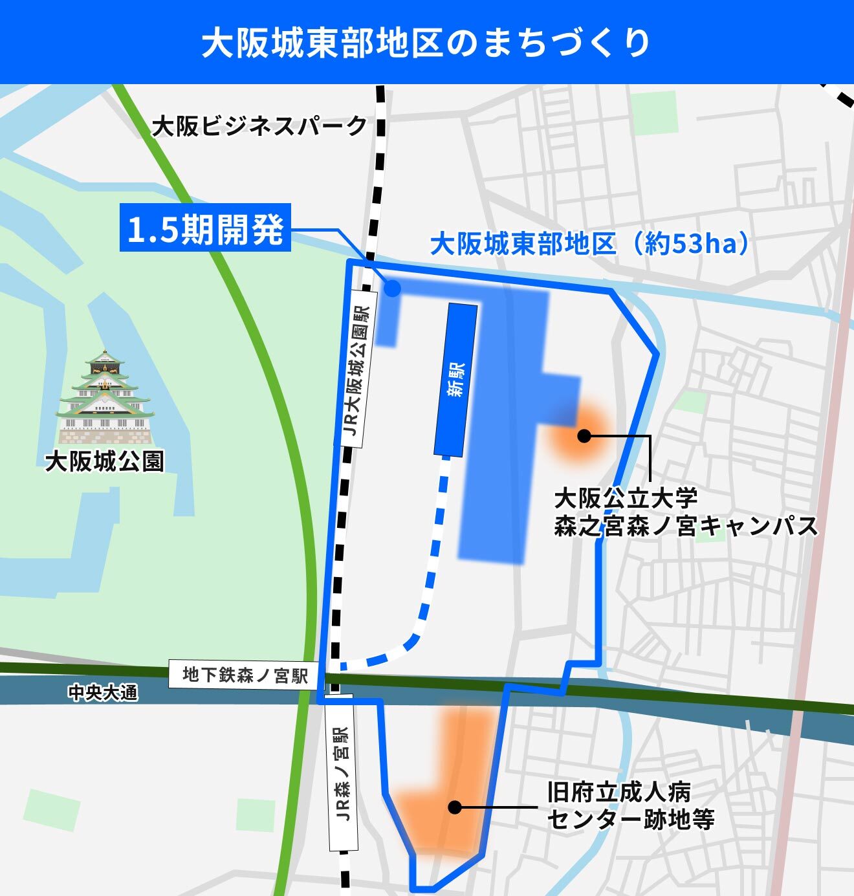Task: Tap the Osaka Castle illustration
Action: (104, 397)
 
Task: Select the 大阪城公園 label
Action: (104, 461)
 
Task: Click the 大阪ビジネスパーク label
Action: (259, 126)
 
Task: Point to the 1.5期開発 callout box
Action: (205, 228)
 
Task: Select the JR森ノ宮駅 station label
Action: (342, 774)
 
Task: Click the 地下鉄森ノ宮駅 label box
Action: (244, 675)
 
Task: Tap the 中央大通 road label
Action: (103, 693)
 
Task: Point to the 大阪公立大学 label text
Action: (626, 498)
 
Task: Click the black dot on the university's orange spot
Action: (584, 435)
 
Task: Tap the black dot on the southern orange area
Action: (455, 807)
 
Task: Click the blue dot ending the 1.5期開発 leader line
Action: (392, 289)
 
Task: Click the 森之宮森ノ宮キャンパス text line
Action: (686, 526)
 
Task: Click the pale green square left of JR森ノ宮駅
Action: (256, 814)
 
